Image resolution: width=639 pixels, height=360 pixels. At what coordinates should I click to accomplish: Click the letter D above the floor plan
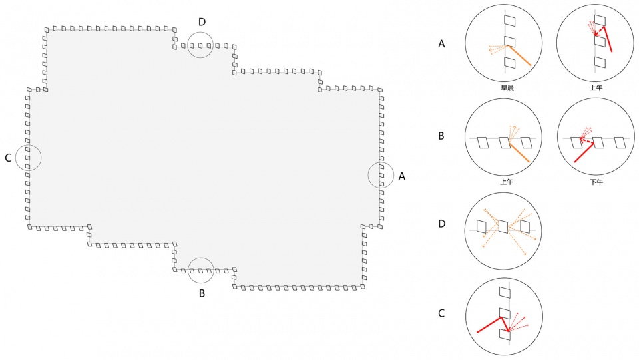(x=202, y=22)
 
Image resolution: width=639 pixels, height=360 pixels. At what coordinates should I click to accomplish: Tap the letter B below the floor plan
(x=202, y=293)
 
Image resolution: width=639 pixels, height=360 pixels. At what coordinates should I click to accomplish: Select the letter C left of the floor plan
(x=8, y=158)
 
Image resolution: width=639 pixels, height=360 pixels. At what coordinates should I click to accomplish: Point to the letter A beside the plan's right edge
(x=402, y=176)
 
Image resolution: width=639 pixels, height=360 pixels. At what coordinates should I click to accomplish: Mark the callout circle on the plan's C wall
(x=15, y=158)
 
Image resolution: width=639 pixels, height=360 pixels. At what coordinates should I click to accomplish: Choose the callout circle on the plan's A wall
(x=368, y=176)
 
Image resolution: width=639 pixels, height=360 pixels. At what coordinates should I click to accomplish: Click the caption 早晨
(x=507, y=88)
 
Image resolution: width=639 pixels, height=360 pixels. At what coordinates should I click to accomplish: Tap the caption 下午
(x=596, y=182)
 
